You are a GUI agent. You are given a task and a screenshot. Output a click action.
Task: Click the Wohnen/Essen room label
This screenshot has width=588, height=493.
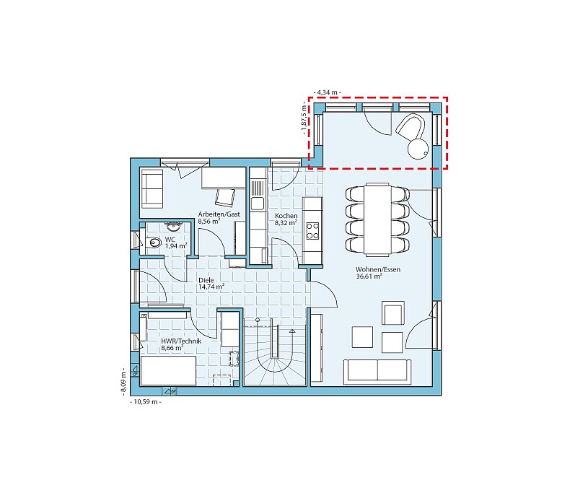tap(377, 269)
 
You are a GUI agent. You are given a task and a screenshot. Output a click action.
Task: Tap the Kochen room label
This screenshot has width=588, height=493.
tap(286, 216)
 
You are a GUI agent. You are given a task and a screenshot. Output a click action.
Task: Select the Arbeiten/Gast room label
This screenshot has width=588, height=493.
tap(219, 214)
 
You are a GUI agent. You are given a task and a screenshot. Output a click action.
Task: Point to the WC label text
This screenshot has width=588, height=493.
tap(170, 240)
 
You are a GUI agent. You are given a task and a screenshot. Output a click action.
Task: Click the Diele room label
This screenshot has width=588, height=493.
tap(206, 280)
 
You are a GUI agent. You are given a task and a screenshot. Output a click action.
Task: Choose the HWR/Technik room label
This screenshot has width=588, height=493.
tap(181, 341)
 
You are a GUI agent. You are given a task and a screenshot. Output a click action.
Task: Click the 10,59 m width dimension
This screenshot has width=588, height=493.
tap(145, 402)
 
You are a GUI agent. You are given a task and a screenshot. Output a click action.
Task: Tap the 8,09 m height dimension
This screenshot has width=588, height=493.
tap(123, 381)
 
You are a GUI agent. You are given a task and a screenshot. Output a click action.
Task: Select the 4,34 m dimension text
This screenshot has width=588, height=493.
tap(327, 92)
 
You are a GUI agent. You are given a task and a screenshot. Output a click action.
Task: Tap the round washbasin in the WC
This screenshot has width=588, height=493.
tap(174, 227)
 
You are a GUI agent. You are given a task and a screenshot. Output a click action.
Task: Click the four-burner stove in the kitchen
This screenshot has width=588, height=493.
tap(312, 231)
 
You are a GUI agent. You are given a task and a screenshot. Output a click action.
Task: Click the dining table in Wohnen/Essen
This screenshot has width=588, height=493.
tap(377, 219)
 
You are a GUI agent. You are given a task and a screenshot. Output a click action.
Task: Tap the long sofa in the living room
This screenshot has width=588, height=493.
tap(377, 371)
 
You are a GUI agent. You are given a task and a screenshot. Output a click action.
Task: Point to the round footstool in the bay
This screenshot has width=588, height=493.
tap(418, 149)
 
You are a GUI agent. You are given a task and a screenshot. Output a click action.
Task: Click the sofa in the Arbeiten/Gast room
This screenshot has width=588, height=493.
tap(152, 188)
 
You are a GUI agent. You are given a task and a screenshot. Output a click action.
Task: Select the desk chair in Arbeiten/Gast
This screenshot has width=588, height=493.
tap(225, 197)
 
